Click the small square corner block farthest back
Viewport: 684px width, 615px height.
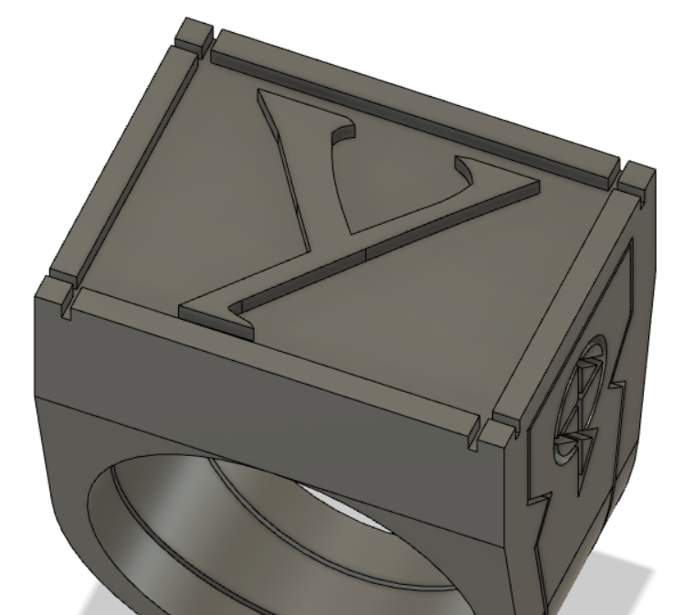click(x=194, y=35)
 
